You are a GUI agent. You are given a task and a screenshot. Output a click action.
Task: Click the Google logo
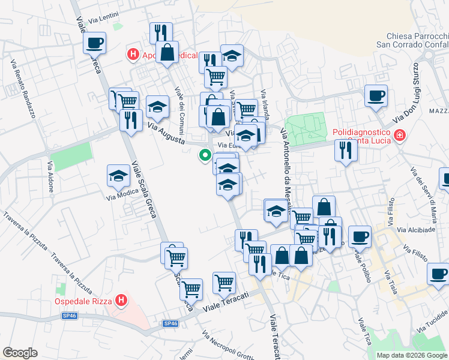[x=20, y=352]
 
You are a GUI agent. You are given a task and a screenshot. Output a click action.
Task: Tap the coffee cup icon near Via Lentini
[x=95, y=43]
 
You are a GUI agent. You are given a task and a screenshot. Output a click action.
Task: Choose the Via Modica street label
[x=119, y=196]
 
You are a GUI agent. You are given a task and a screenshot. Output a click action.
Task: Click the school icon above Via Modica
[x=119, y=176]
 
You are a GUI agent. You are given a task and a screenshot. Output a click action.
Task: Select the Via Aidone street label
[x=50, y=176]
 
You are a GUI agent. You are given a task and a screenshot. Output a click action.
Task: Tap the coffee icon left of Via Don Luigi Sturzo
[x=376, y=96]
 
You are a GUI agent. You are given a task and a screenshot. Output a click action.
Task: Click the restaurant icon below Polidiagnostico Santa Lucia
[x=346, y=151]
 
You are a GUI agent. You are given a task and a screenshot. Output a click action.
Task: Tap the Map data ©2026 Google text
[x=412, y=355]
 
